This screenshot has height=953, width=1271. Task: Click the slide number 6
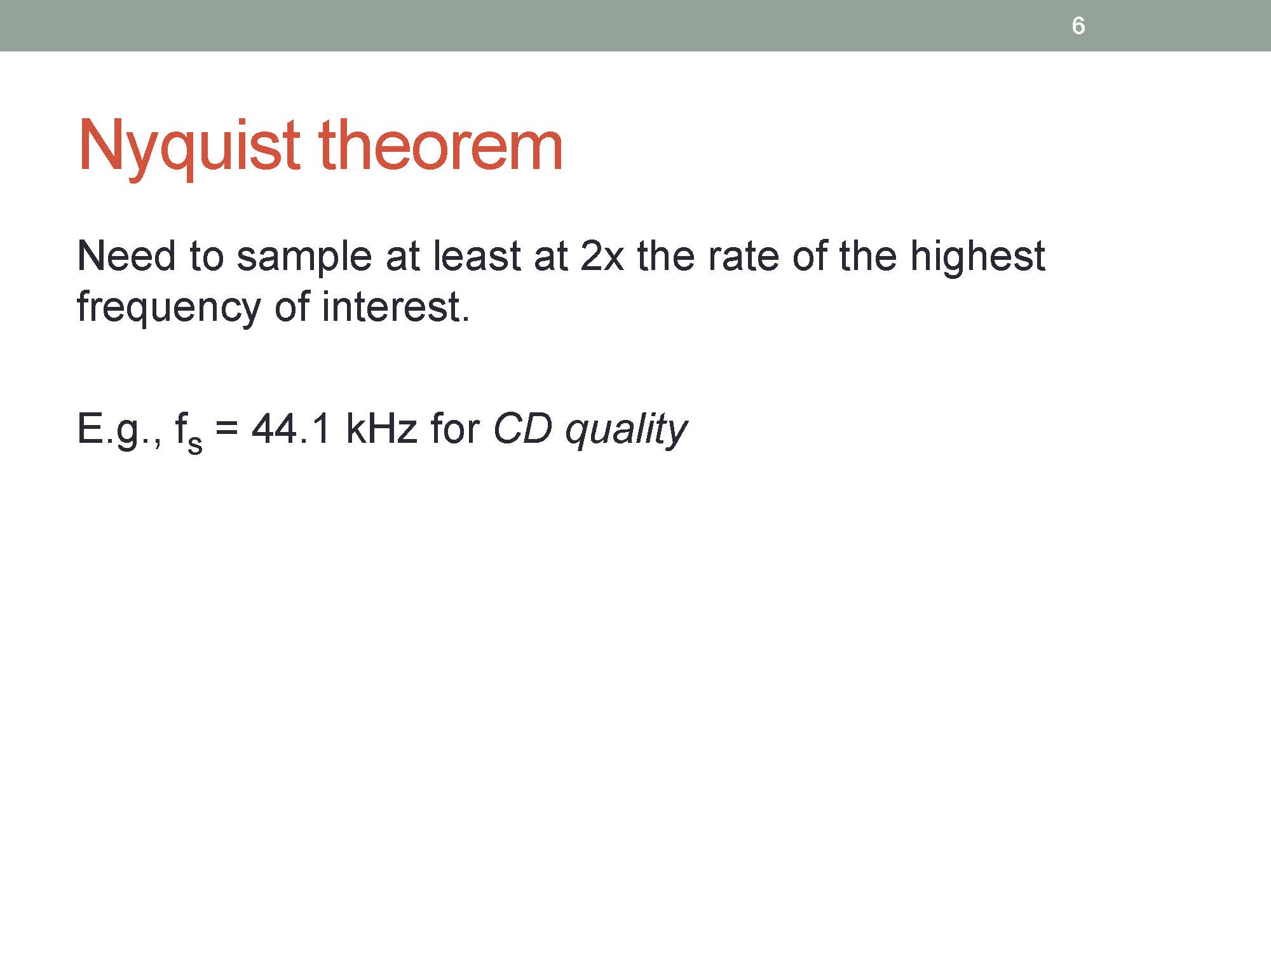(1078, 26)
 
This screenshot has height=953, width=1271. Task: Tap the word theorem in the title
(440, 145)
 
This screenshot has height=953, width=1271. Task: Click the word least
(479, 256)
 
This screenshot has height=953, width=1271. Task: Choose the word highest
(977, 259)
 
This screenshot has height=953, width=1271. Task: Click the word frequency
(168, 310)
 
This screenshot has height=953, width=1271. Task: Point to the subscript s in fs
(195, 444)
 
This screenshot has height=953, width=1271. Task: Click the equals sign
(227, 429)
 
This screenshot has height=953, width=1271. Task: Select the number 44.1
(291, 428)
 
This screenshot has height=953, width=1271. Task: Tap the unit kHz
(381, 428)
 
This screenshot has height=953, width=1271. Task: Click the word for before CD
(454, 428)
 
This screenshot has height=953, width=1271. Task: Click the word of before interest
(291, 307)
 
